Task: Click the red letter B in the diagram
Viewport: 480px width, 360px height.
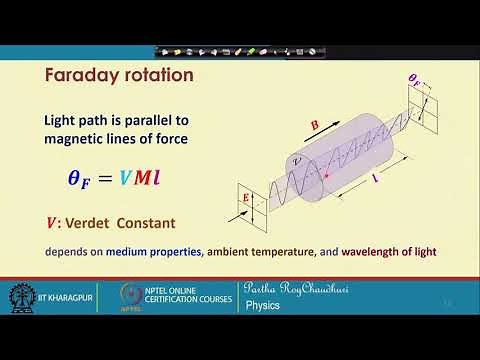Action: click(x=316, y=124)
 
